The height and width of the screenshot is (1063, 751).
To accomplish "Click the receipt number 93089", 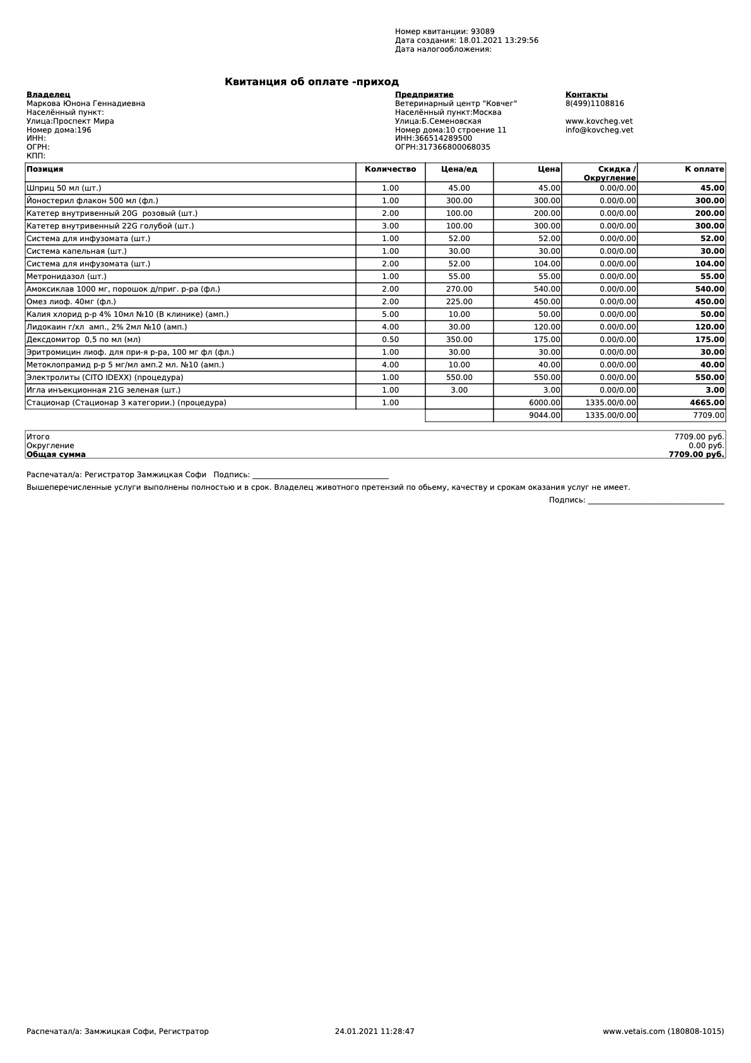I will tap(482, 32).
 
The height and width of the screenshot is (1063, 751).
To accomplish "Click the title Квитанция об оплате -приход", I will tap(312, 82).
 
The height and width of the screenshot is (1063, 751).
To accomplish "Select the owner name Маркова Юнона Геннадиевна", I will tap(86, 104).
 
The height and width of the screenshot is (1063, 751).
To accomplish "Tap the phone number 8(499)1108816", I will tap(594, 104).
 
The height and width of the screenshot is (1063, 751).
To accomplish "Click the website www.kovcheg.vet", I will tap(599, 121).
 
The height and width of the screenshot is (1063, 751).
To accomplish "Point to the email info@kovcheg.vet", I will tap(599, 130).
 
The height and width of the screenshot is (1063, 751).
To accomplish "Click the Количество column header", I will tap(390, 169).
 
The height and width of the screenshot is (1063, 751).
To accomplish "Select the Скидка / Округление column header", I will tap(609, 173).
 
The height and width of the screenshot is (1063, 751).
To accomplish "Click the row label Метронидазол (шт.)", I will tap(66, 276).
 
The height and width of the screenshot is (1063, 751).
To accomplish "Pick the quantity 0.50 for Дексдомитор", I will tap(390, 340).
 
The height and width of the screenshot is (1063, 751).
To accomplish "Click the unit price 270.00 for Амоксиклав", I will tap(459, 289).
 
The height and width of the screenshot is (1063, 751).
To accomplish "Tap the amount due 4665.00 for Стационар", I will tap(707, 403).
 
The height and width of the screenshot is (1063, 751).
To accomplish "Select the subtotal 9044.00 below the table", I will tap(544, 415).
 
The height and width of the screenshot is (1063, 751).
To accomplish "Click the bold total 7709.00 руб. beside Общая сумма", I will tap(696, 454).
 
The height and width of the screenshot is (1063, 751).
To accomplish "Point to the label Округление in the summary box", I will tap(50, 446).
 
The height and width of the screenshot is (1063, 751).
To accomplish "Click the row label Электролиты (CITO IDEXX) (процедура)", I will tap(105, 377).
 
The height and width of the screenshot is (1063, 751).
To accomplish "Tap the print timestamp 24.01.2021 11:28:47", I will tap(374, 1031).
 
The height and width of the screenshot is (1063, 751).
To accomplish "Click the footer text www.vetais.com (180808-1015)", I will tap(663, 1031).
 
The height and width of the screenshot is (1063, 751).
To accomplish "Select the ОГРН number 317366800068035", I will tap(454, 147).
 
